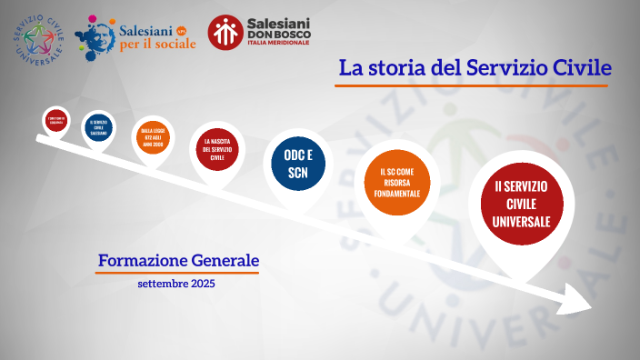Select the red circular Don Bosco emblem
[x=225, y=33]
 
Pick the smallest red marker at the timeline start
[x=56, y=120]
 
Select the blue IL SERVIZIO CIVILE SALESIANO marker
[x=98, y=128]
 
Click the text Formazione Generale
[x=178, y=261]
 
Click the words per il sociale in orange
[x=157, y=45]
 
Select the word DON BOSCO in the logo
[x=280, y=35]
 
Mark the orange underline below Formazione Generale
[x=178, y=272]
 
